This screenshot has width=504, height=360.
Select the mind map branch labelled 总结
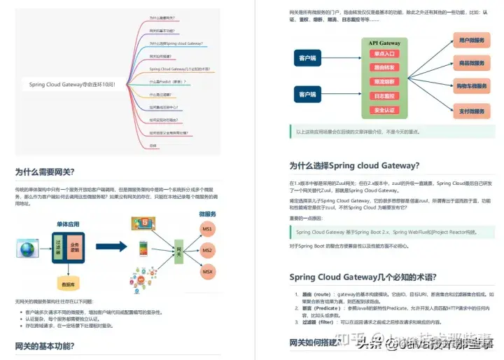point(153,145)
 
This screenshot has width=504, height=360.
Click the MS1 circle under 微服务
point(207,230)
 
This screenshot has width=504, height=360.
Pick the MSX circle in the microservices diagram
point(207,270)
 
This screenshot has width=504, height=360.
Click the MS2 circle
point(207,250)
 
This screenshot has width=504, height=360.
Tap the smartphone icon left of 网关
point(143,249)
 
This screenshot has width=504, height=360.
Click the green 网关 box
point(179,250)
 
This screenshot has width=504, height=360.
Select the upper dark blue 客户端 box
point(307,57)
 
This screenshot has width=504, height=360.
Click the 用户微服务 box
point(470,41)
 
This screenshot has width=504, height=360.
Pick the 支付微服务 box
point(470,110)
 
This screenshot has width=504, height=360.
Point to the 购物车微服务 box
point(470,86)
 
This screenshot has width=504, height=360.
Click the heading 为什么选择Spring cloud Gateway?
point(354,166)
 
